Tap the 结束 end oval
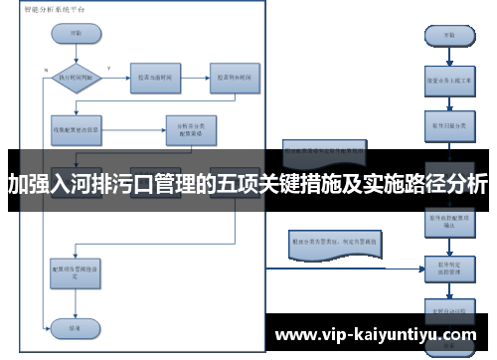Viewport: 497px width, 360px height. point(76,326)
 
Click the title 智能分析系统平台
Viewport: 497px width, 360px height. point(55,8)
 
